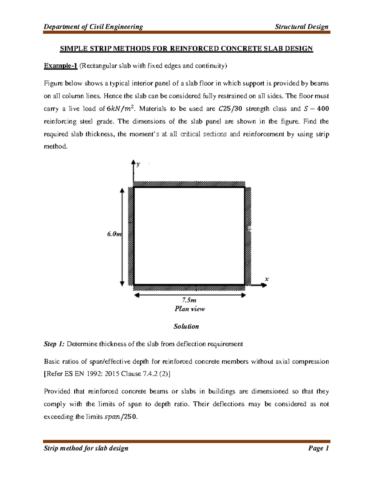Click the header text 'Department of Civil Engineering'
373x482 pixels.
93,27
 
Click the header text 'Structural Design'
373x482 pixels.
302,27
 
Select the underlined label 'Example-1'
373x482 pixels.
60,66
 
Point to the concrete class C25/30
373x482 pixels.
230,109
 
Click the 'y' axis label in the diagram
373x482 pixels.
138,164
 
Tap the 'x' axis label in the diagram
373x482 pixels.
266,279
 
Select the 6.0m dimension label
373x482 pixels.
114,234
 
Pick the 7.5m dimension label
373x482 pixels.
189,300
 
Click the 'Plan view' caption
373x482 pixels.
190,309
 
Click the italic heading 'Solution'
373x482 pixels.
186,327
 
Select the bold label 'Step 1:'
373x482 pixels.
54,344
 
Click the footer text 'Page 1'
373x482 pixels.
318,448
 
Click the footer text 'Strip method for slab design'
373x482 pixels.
86,448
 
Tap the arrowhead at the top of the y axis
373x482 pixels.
133,162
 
